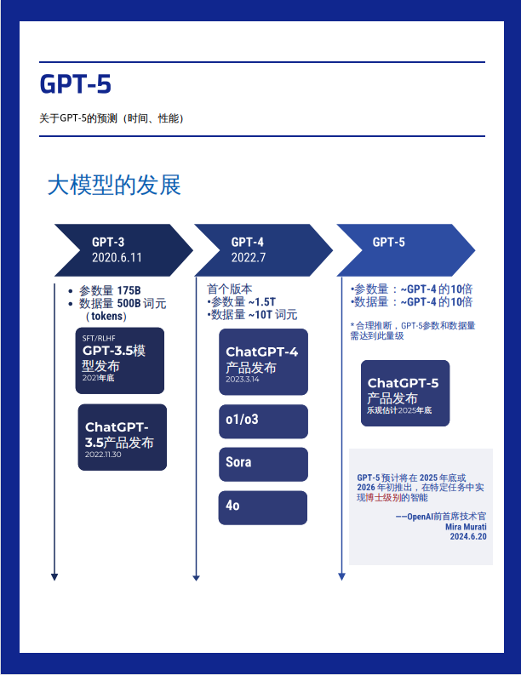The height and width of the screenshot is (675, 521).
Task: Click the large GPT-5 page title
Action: pos(76,83)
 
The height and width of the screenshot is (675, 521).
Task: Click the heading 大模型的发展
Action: pos(114,185)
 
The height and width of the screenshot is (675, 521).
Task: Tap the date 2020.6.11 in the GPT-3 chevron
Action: pos(117,257)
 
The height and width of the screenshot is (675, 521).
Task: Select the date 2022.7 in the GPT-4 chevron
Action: pos(249,257)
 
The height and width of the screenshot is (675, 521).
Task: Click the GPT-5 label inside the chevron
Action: pos(389,242)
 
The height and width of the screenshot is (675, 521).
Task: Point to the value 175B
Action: pos(129,290)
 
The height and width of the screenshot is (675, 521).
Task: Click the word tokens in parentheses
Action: pos(106,316)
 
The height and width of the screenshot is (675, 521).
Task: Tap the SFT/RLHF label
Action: pos(99,339)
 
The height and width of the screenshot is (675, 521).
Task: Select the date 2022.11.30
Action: pos(103,455)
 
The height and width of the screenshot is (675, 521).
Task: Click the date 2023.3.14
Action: pos(243,380)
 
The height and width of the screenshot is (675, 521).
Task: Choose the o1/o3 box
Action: pos(264,421)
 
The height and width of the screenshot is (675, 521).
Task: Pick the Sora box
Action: pos(264,465)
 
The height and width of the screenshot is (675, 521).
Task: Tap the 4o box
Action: pos(263,508)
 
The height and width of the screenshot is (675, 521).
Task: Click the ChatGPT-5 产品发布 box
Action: pos(405,393)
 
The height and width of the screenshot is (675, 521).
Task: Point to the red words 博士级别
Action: pos(383,498)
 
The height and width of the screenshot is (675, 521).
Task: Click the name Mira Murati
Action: pos(466,527)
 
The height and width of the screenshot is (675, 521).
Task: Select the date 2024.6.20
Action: pos(468,536)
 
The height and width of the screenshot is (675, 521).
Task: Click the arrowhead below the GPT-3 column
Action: pos(54,577)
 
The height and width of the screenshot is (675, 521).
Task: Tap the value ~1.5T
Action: pos(262,302)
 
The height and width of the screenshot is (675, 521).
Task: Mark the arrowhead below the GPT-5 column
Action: pos(342,577)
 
